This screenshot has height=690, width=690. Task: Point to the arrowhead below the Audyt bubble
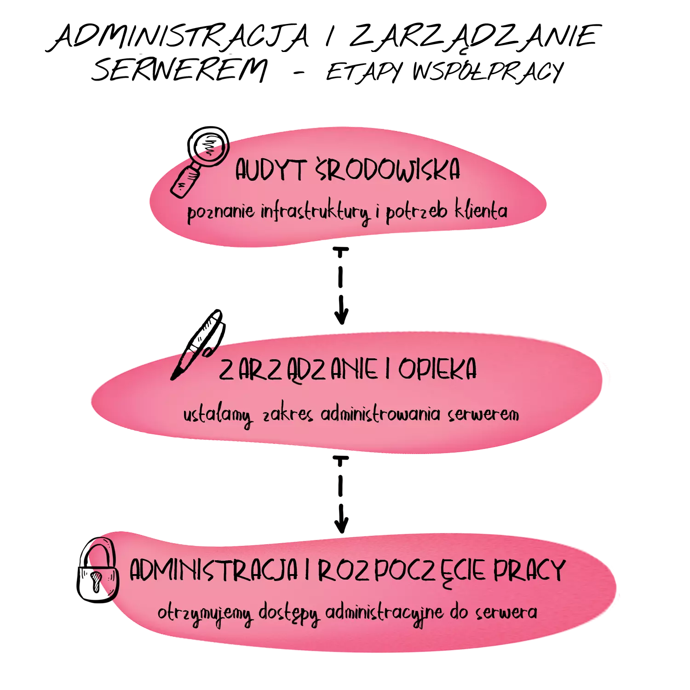click(x=341, y=315)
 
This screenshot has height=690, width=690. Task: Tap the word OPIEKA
click(x=437, y=369)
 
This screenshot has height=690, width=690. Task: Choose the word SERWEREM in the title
click(x=179, y=70)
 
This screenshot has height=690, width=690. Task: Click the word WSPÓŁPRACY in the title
click(x=488, y=72)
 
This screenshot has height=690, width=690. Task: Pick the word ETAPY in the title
click(x=363, y=72)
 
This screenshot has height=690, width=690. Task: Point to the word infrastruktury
click(x=316, y=212)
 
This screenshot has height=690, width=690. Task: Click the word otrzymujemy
click(x=205, y=614)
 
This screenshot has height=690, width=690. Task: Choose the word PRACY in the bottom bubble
click(x=529, y=571)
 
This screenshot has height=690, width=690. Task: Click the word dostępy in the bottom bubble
click(x=288, y=613)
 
